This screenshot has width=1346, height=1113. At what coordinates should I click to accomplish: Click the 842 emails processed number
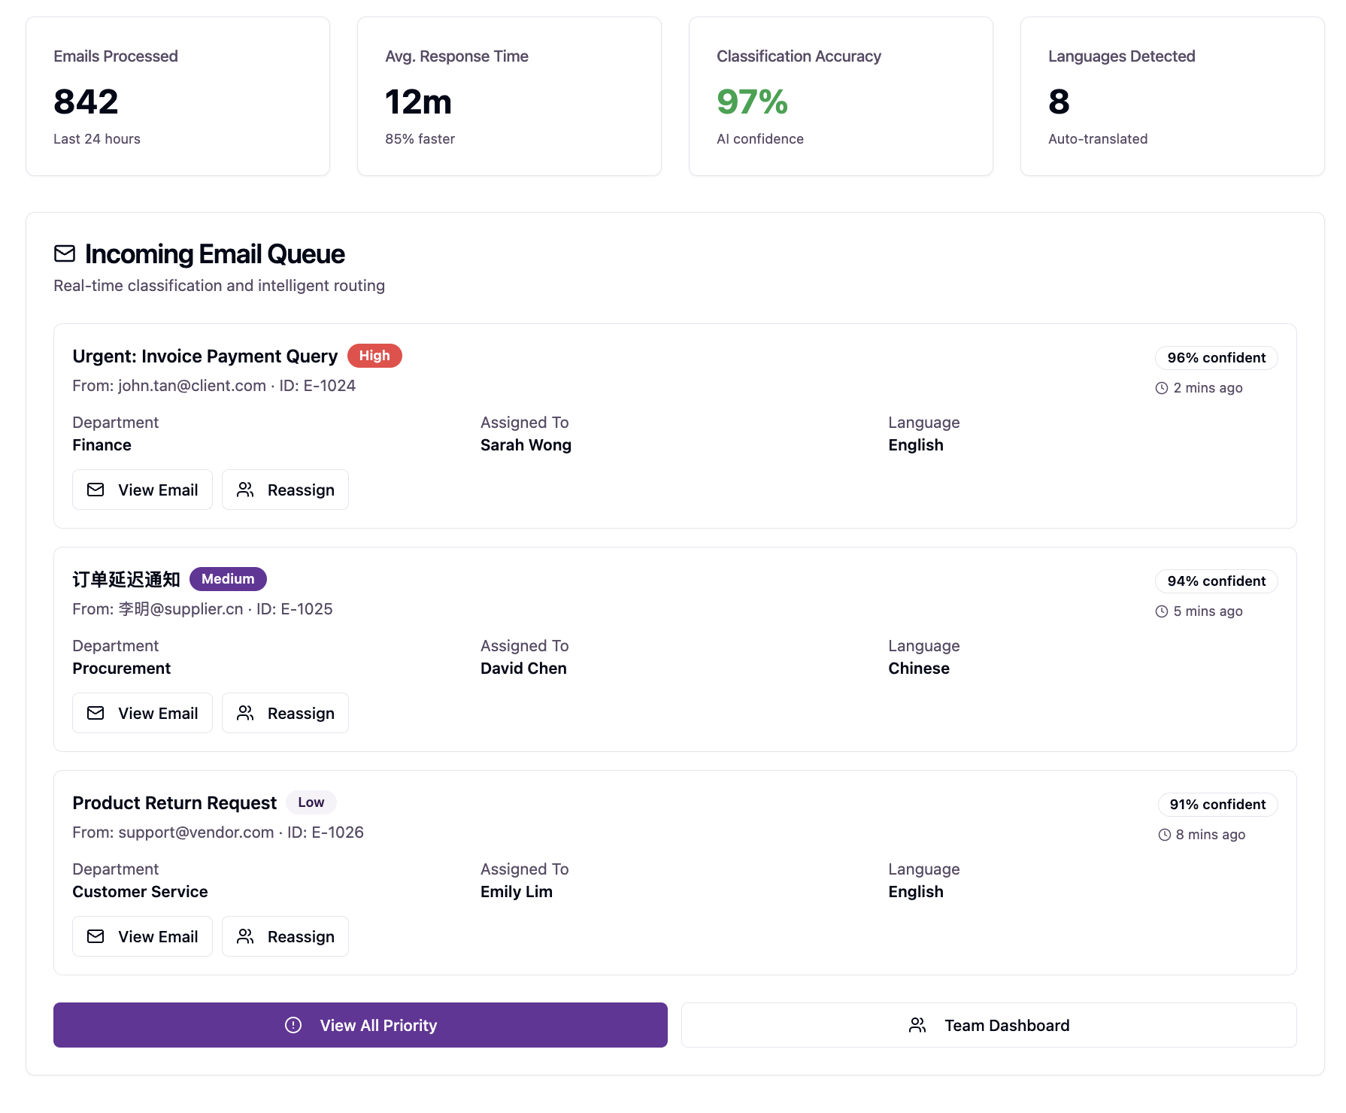[x=86, y=102]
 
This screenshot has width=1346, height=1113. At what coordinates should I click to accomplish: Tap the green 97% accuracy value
[x=752, y=102]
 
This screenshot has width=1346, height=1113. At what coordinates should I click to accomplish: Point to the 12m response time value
[x=418, y=102]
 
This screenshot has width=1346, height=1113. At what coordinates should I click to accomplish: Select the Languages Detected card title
[x=1121, y=56]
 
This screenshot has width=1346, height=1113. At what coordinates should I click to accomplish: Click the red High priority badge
[x=374, y=356]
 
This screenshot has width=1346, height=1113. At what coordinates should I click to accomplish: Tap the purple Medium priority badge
[x=228, y=579]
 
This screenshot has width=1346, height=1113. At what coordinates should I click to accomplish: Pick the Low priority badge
[x=311, y=802]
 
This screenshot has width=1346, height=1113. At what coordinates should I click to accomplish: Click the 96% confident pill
[x=1216, y=358]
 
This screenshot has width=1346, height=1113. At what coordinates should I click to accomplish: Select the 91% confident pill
[x=1217, y=805]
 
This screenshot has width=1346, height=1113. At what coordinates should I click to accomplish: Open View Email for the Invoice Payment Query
[x=142, y=490]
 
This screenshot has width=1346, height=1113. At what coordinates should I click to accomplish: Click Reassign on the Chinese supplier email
[x=285, y=714]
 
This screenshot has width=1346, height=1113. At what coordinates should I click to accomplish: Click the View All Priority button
[x=360, y=1026]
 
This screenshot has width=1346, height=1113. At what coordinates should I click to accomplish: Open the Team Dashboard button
[x=989, y=1026]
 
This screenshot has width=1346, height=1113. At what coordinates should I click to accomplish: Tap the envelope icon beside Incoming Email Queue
[x=65, y=254]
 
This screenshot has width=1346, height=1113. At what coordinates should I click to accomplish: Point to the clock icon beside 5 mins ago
[x=1162, y=611]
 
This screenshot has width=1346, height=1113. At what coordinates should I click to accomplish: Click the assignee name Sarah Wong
[x=526, y=445]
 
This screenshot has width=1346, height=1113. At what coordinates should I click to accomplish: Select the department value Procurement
[x=122, y=669]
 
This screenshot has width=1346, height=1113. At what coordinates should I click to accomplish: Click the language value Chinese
[x=918, y=669]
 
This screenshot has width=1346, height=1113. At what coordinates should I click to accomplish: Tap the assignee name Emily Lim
[x=517, y=892]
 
